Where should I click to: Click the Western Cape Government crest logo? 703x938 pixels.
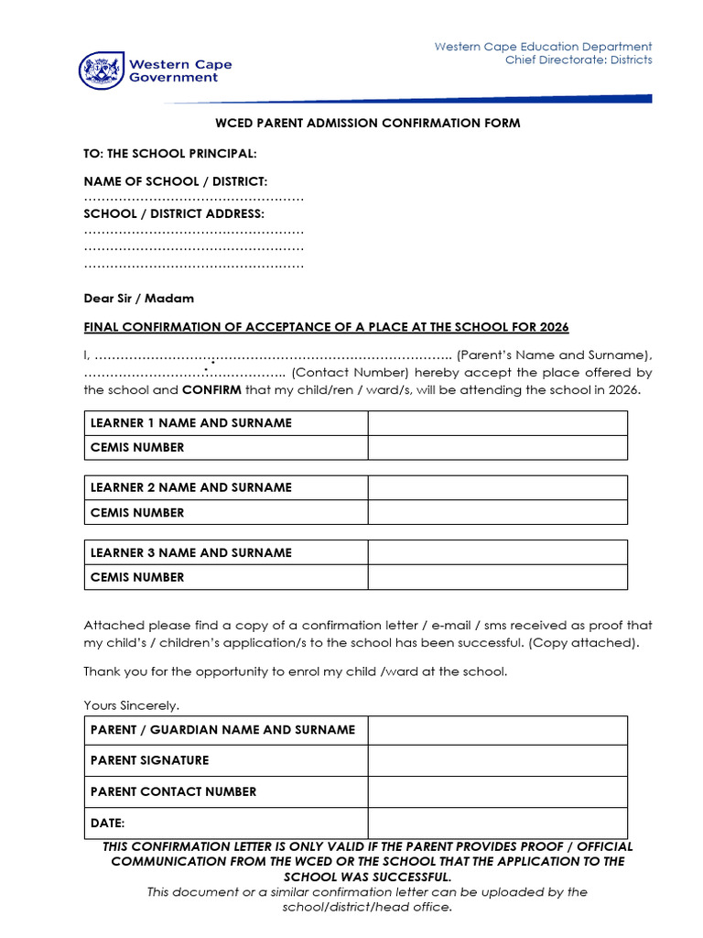point(99,71)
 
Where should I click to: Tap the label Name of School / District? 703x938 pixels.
point(176,182)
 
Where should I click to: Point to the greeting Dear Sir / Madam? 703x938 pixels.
point(139,299)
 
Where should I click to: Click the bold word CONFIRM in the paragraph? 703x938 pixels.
point(211,389)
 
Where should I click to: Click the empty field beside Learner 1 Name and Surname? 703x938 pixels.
point(497,423)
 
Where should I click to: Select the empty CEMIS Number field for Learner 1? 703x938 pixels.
point(497,448)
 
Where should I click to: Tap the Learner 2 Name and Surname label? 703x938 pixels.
point(191,488)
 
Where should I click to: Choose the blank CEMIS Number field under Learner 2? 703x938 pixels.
point(497,513)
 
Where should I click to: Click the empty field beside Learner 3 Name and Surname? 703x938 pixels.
point(497,553)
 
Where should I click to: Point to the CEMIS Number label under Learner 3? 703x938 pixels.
point(137,577)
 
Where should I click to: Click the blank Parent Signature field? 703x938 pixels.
point(497,761)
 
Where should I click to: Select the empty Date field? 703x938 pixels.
point(497,823)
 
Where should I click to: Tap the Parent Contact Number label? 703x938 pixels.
point(173,792)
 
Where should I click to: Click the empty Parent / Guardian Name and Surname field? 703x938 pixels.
point(497,731)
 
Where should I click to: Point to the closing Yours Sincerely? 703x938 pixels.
point(132,705)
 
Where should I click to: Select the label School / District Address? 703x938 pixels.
point(174,214)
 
